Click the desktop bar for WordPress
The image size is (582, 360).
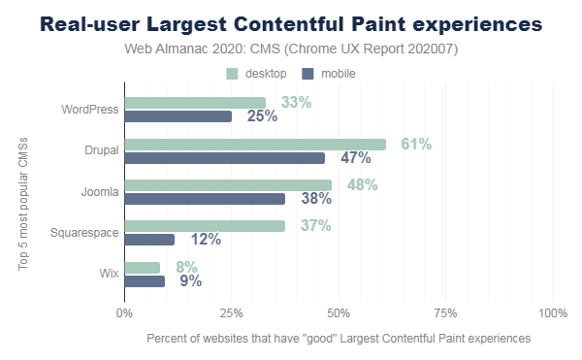(x=194, y=103)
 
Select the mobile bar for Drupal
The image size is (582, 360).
(x=224, y=157)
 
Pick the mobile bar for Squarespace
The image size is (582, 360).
(x=149, y=240)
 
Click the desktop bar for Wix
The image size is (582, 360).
(x=142, y=268)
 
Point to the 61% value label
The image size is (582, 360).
(x=415, y=144)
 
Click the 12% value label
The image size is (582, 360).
(x=205, y=240)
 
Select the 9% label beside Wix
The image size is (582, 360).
(x=191, y=282)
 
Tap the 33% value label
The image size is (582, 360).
(x=295, y=102)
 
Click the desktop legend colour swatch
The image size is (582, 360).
(x=232, y=74)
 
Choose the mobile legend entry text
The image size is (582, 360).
(x=339, y=74)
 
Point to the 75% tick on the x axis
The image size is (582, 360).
(x=445, y=313)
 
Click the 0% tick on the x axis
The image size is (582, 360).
(x=124, y=313)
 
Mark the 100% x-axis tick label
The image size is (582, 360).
(x=552, y=313)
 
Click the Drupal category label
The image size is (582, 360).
(x=102, y=150)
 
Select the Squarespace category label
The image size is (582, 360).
(x=84, y=233)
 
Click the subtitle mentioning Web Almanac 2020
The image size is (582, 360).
(x=292, y=49)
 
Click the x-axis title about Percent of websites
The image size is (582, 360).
(x=339, y=339)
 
